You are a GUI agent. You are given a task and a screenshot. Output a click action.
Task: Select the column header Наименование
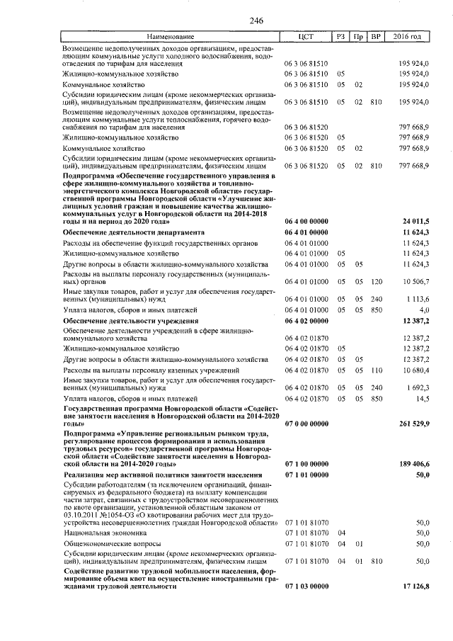click(170, 36)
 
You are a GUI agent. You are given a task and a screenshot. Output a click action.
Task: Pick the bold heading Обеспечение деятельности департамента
click(134, 232)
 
